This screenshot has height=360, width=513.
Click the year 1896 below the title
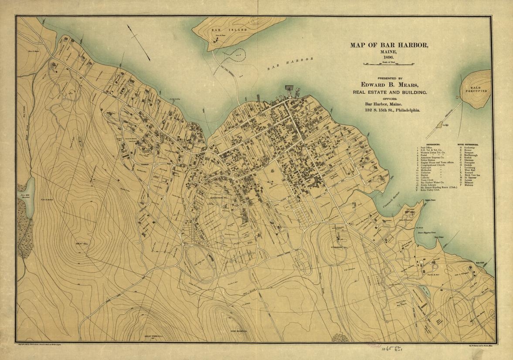tap(388, 58)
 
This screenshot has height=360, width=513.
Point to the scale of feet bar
tap(388, 64)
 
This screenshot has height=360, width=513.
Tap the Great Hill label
tap(82, 243)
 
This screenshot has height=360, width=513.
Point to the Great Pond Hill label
tap(153, 336)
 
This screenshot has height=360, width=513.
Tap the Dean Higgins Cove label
tap(427, 233)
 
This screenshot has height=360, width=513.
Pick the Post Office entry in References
tap(426, 147)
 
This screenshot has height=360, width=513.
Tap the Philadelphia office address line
tap(392, 110)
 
